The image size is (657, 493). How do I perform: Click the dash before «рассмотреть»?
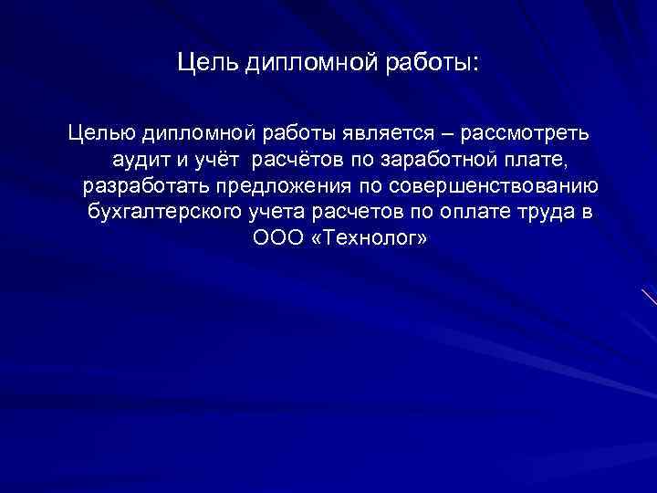(445, 133)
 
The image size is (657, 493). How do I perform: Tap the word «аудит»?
(141, 161)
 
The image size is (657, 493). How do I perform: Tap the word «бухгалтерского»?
(163, 214)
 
